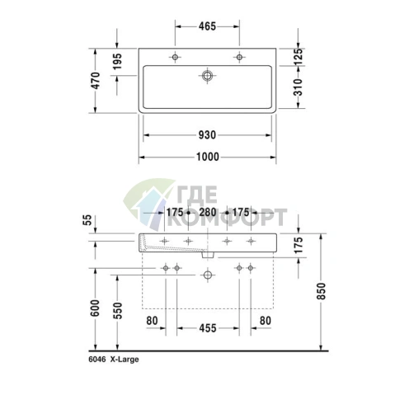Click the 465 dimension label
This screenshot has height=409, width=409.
pyautogui.click(x=207, y=26)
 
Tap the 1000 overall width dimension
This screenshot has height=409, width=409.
pyautogui.click(x=208, y=157)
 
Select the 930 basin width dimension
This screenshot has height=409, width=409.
pyautogui.click(x=207, y=135)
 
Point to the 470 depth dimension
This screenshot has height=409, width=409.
pyautogui.click(x=96, y=80)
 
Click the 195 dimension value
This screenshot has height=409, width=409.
pyautogui.click(x=117, y=61)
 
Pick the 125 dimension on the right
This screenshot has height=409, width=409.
pyautogui.click(x=298, y=57)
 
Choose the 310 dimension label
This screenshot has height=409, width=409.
pyautogui.click(x=298, y=87)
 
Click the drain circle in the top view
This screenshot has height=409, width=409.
pyautogui.click(x=207, y=75)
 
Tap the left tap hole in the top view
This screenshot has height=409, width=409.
pyautogui.click(x=175, y=57)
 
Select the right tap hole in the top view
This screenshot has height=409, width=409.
pyautogui.click(x=239, y=57)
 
